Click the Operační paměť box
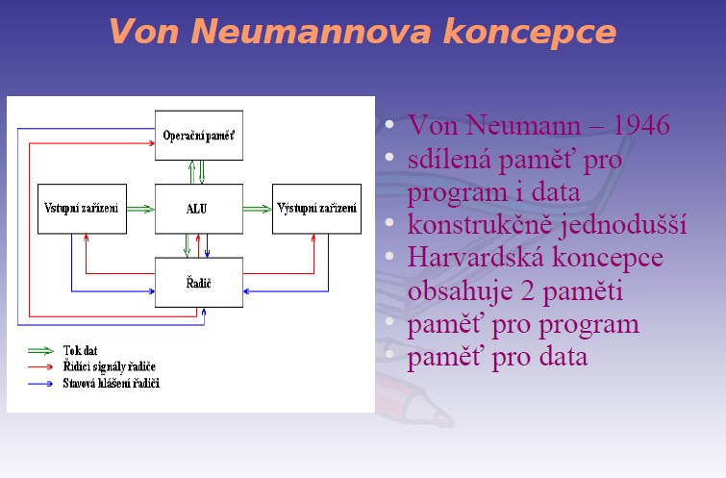(199, 136)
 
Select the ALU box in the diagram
(199, 209)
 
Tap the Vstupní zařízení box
(82, 209)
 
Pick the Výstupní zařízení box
(316, 209)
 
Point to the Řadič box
(199, 283)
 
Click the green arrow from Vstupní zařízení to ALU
(140, 209)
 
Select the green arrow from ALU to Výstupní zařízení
(258, 209)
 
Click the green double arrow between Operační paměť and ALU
(197, 172)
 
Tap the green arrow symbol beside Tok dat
(40, 351)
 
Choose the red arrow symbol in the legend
(40, 366)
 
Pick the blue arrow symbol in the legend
(40, 384)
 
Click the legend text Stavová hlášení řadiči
(112, 384)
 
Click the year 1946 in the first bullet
(641, 125)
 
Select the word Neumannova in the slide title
(312, 32)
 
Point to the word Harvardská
(476, 257)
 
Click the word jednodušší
(623, 225)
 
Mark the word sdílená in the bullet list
(449, 159)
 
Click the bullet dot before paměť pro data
(389, 354)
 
